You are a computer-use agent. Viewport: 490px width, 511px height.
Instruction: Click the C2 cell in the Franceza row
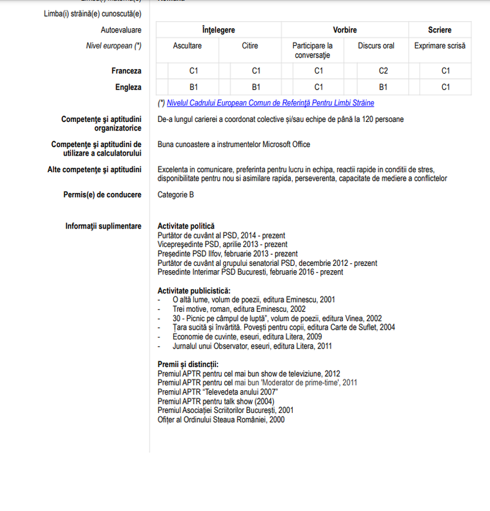tap(383, 71)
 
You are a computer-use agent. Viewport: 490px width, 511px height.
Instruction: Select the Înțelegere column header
tap(219, 30)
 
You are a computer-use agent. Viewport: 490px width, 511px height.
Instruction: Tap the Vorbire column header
tap(345, 30)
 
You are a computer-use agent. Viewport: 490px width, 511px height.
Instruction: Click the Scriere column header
tap(440, 30)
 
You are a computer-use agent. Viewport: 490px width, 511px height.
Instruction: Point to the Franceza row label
tap(126, 71)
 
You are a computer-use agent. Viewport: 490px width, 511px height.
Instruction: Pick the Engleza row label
tap(128, 87)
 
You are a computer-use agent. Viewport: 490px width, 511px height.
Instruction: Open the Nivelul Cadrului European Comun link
tap(270, 103)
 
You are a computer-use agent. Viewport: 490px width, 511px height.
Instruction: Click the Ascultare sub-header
tap(187, 46)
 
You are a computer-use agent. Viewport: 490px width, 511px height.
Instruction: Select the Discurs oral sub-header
tap(376, 46)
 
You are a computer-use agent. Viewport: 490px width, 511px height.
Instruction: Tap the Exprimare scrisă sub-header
tap(440, 46)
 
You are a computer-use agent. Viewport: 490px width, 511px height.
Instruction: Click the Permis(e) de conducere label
tap(102, 195)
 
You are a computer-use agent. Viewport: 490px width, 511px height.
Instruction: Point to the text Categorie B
tap(176, 195)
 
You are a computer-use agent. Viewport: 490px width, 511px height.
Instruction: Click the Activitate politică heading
tap(186, 226)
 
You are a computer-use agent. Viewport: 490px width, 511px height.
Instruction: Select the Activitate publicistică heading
tap(194, 290)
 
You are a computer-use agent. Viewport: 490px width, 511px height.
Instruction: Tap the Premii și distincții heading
tap(184, 365)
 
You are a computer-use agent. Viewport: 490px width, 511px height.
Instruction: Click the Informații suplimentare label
tap(104, 226)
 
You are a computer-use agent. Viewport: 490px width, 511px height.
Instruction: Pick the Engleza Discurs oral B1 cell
tap(383, 87)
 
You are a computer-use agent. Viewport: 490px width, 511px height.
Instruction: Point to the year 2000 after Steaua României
tap(277, 420)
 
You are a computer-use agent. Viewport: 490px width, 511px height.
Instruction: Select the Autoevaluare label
tap(121, 30)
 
